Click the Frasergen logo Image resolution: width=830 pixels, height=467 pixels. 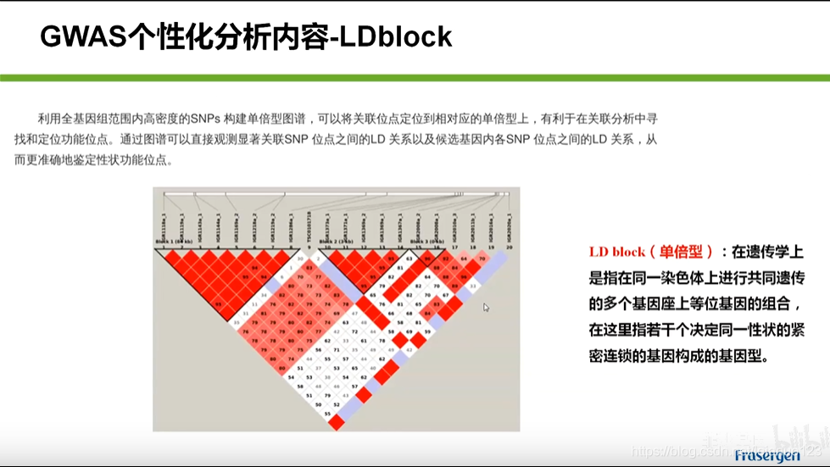(767, 455)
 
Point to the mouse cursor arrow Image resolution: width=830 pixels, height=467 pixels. (487, 307)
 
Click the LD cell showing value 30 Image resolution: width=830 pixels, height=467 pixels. (301, 255)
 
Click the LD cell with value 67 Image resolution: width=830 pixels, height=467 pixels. (445, 294)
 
